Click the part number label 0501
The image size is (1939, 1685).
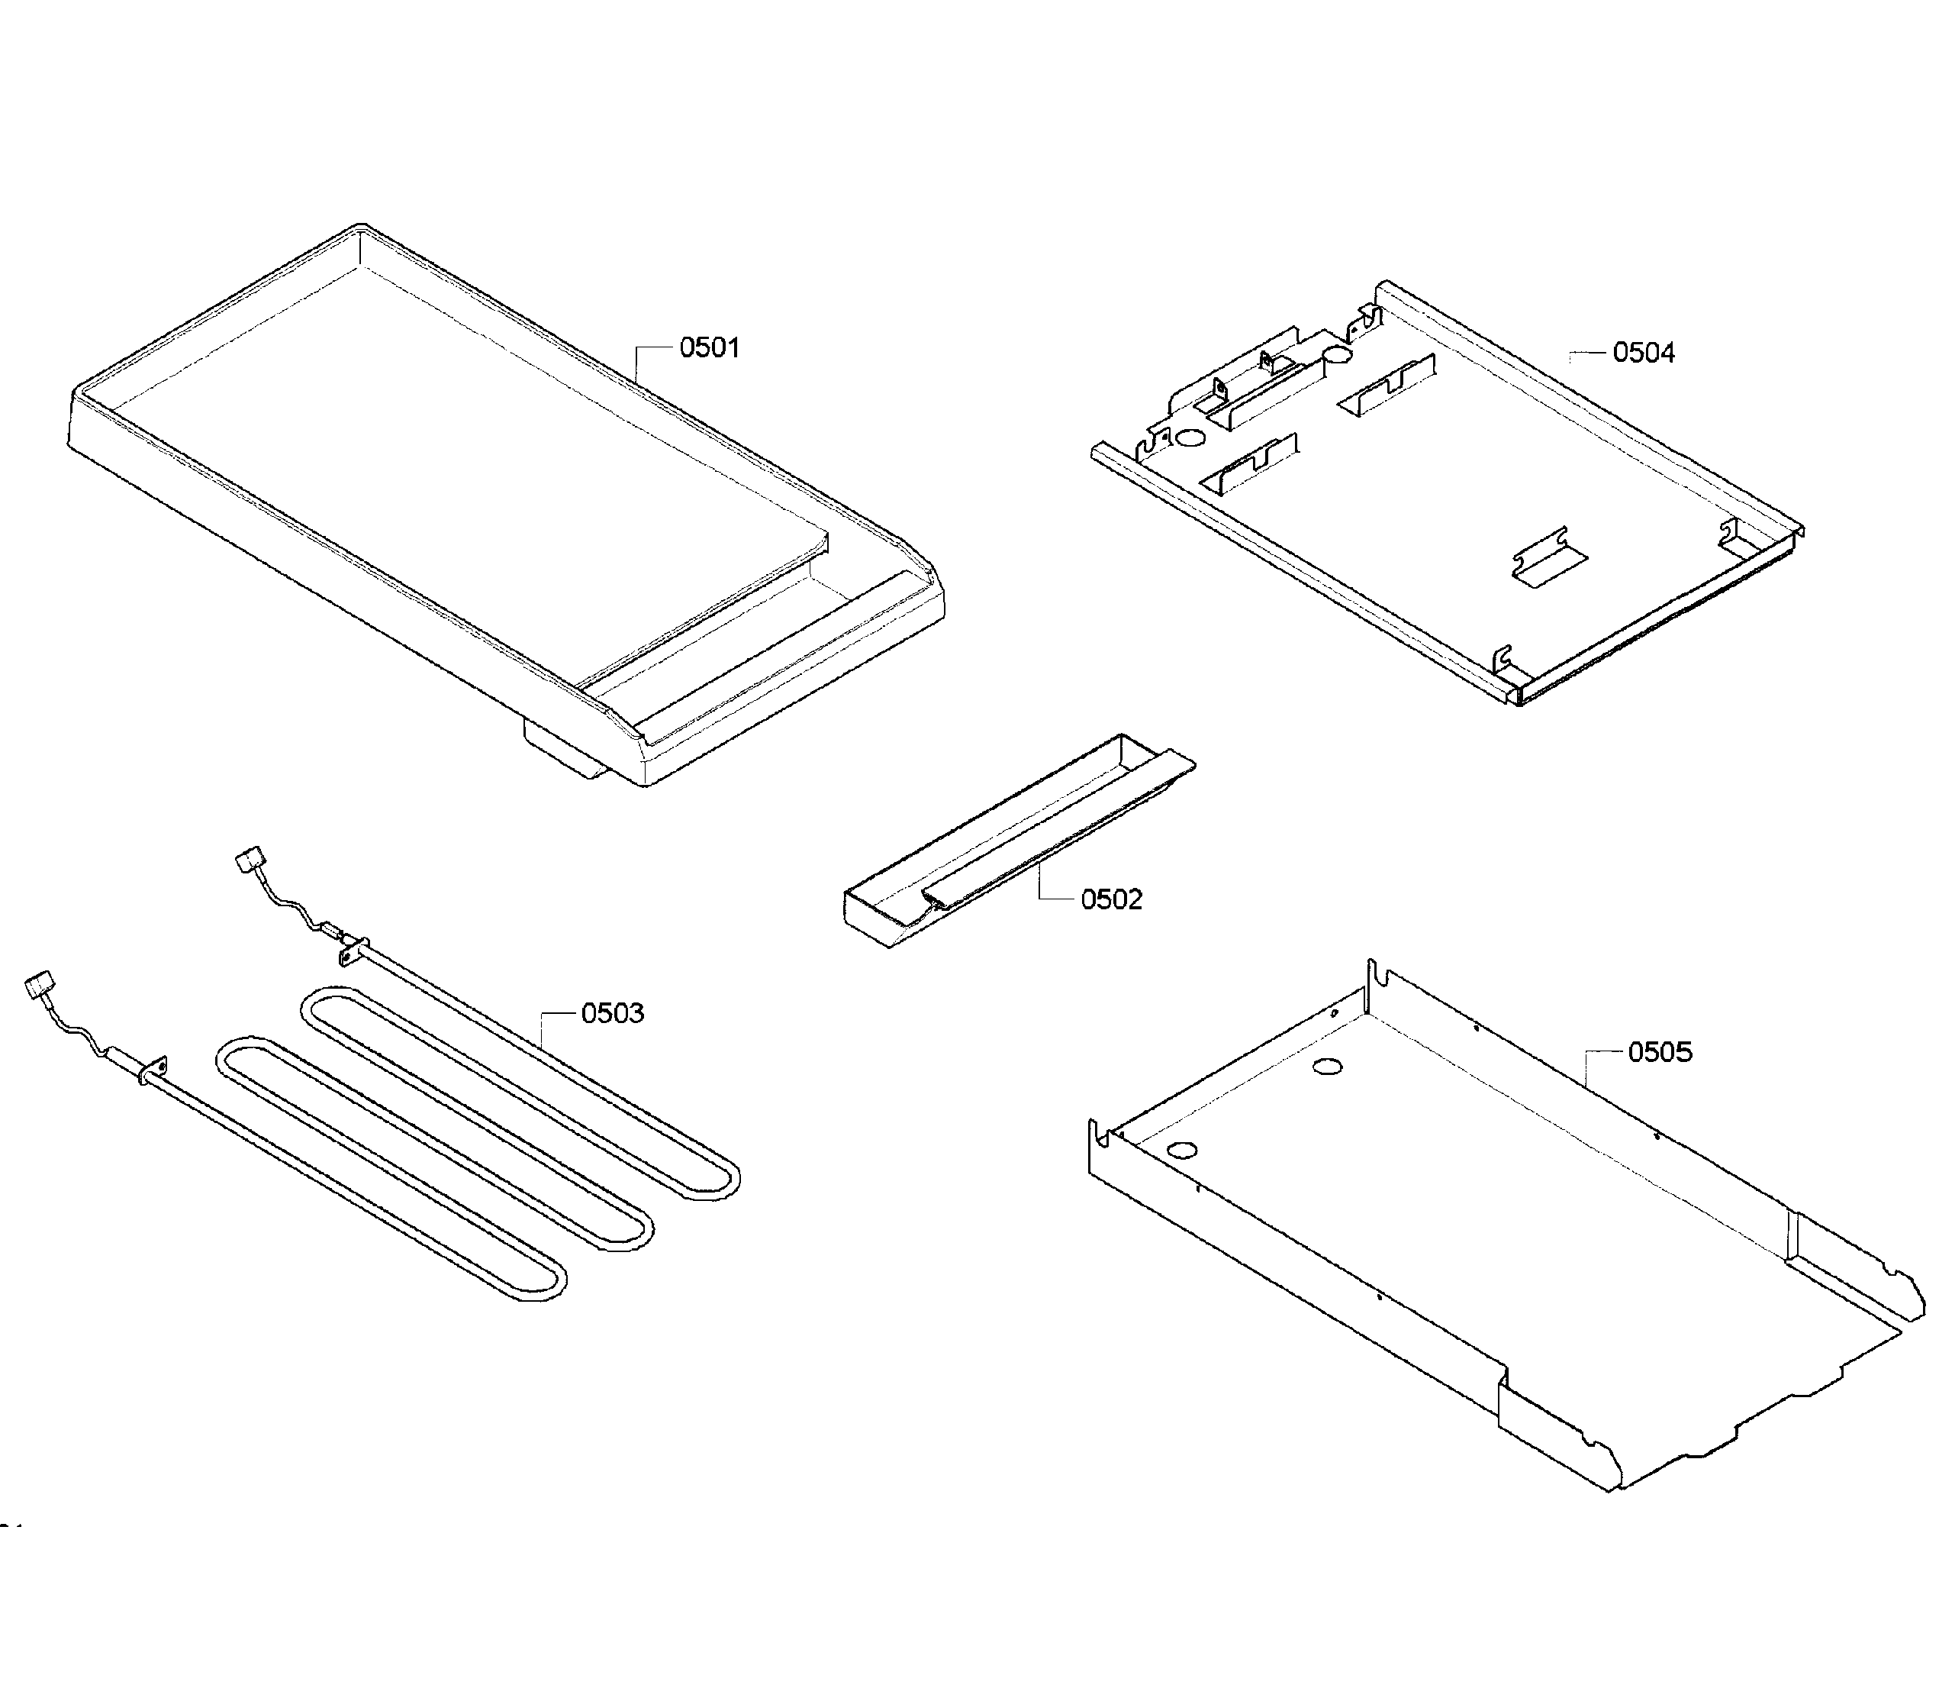coord(709,348)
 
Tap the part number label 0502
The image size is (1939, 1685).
coord(1111,900)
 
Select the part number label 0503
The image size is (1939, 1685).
coord(612,1014)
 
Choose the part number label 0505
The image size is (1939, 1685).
coord(1659,1052)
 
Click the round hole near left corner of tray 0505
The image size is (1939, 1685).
coord(1184,1149)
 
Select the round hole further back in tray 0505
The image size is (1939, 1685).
coord(1327,1067)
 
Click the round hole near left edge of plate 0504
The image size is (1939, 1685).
coord(1190,438)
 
